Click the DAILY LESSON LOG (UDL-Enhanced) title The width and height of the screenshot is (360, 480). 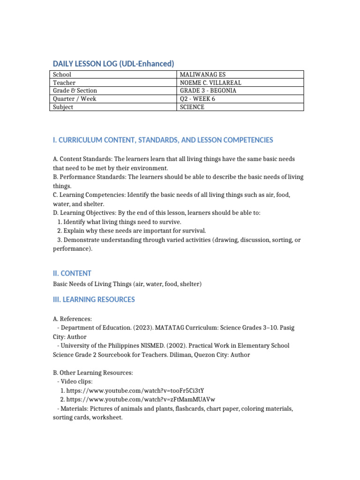point(113,63)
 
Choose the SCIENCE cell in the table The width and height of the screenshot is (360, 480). point(192,107)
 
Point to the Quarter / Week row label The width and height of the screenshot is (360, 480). point(75,99)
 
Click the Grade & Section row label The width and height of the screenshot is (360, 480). point(75,90)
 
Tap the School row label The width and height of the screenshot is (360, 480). point(63,75)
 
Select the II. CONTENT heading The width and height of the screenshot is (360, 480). point(72,273)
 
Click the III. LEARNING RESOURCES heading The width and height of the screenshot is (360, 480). point(94,300)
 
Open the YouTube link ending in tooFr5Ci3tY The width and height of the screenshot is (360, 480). point(135,390)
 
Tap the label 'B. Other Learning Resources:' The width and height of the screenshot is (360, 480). point(93,373)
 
